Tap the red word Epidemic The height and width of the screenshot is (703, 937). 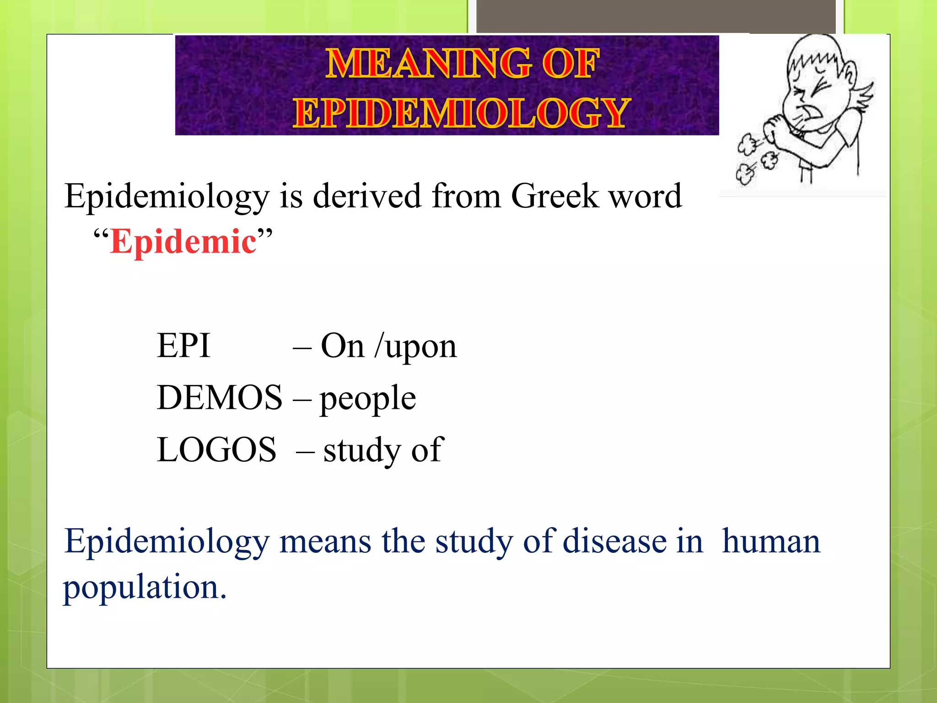pos(183,241)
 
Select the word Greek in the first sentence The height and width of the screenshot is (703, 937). pos(555,196)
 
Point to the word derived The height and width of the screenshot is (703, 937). pos(367,196)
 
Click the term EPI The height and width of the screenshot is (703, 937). pos(183,346)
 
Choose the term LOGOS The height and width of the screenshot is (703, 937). pos(216,449)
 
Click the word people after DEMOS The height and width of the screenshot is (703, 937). pos(368,398)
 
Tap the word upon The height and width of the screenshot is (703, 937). pos(421,347)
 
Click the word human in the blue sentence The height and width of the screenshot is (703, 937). pos(771,541)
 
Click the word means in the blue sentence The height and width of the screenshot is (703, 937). pos(325,541)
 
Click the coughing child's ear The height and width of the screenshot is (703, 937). pos(849,73)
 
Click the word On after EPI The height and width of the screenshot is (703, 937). pos(343,346)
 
